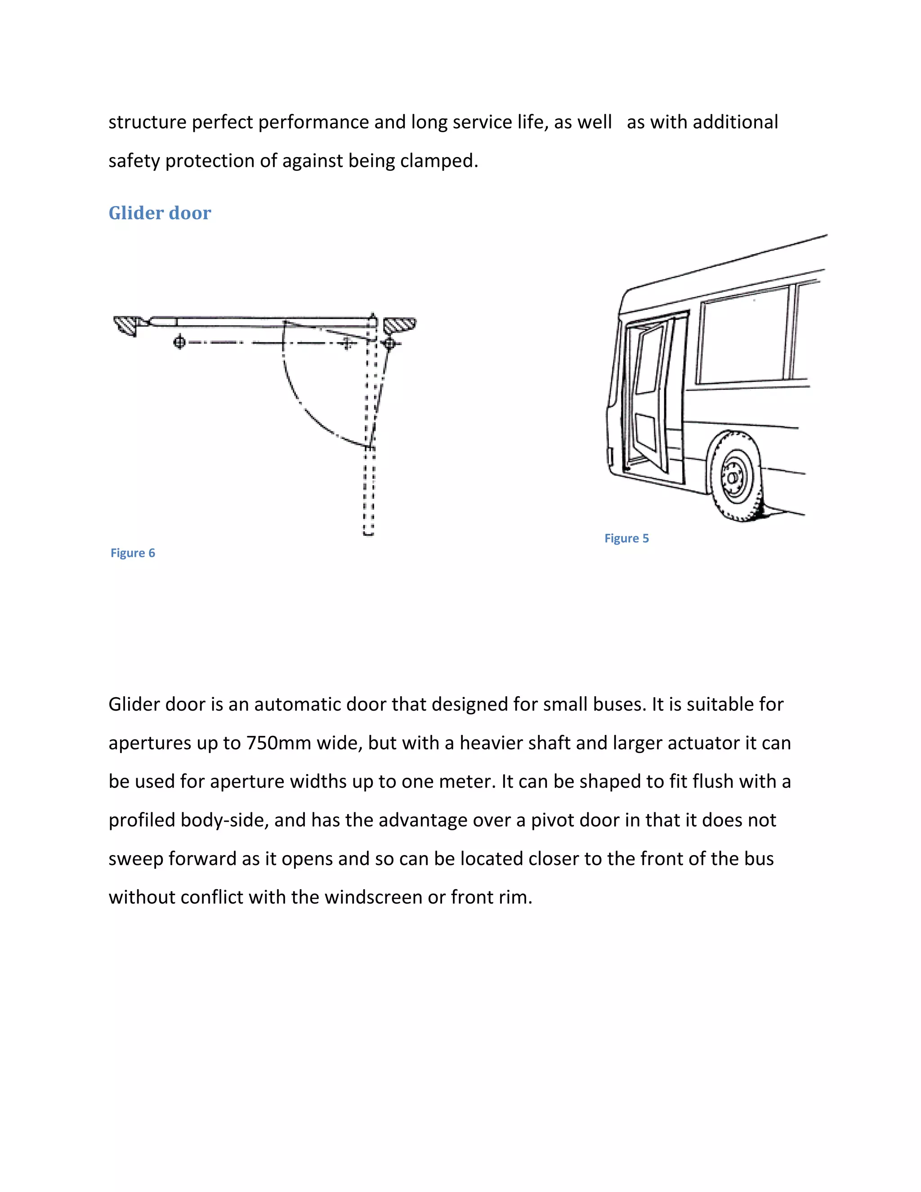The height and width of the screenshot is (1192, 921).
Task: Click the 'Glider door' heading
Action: [159, 213]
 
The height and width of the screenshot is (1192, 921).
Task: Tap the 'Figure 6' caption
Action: [133, 553]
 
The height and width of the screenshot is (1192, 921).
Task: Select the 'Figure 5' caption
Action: [626, 538]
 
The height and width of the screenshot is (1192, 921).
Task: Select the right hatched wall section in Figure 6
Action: [400, 325]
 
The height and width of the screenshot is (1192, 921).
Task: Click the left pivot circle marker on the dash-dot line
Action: [179, 342]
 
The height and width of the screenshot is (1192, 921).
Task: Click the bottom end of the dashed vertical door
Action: [369, 532]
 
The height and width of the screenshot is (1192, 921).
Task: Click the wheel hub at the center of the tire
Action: [732, 477]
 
